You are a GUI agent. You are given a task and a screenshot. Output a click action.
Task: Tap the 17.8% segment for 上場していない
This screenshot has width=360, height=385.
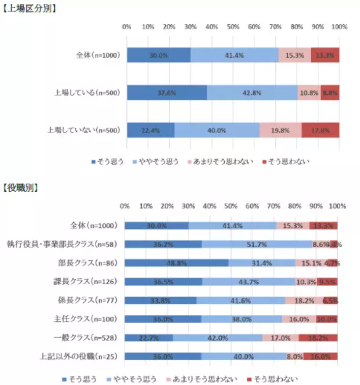tap(320, 130)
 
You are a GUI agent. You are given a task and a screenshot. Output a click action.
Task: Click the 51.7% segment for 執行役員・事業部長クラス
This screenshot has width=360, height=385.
tap(256, 244)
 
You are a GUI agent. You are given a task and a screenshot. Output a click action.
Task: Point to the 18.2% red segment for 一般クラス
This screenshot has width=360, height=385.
tap(318, 338)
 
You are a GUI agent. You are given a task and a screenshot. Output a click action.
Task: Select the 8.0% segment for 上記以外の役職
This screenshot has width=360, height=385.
tap(294, 357)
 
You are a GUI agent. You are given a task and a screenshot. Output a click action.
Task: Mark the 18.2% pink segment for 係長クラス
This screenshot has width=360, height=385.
tap(304, 301)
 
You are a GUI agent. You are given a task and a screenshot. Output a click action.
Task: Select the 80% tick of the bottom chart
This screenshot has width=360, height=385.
tap(294, 206)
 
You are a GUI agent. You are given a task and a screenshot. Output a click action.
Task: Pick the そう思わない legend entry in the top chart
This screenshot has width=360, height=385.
tap(288, 162)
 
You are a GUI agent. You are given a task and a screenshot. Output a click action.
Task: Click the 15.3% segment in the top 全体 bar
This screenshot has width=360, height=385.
tap(294, 55)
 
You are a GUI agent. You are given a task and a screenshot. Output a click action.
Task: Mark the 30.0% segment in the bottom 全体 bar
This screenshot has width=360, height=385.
tap(156, 226)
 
